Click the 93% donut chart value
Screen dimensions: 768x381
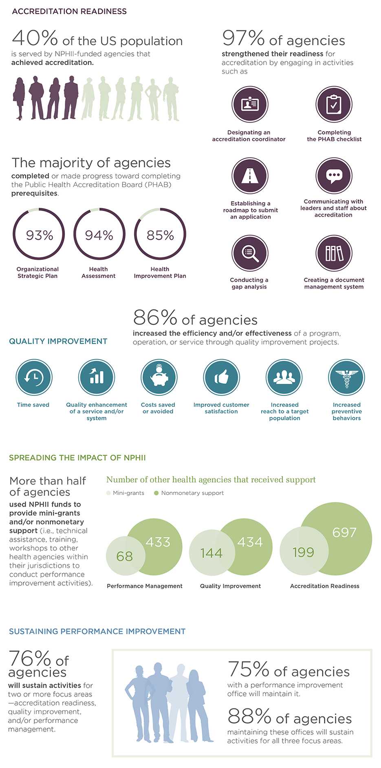[39, 235]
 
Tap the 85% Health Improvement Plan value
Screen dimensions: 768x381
[160, 235]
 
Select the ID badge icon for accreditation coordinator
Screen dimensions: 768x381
[250, 104]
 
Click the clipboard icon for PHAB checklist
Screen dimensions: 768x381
[334, 104]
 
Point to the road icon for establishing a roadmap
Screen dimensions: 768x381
[250, 176]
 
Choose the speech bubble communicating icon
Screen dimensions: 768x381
[334, 176]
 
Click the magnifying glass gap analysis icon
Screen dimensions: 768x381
[250, 253]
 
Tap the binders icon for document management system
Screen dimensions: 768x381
[334, 253]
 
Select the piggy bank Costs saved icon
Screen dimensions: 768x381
[159, 377]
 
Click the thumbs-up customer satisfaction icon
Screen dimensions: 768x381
[221, 377]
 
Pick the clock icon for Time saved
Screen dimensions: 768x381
[34, 377]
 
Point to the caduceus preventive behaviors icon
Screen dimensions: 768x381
[346, 377]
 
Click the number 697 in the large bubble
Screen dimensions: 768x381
[344, 532]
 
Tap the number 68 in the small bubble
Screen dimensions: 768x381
[124, 556]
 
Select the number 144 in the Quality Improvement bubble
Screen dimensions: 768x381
[211, 553]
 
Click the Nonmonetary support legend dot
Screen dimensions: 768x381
[156, 493]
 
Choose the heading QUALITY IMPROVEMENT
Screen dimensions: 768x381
[58, 341]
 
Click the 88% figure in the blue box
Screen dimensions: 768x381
[249, 715]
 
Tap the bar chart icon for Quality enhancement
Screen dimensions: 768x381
[97, 377]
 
